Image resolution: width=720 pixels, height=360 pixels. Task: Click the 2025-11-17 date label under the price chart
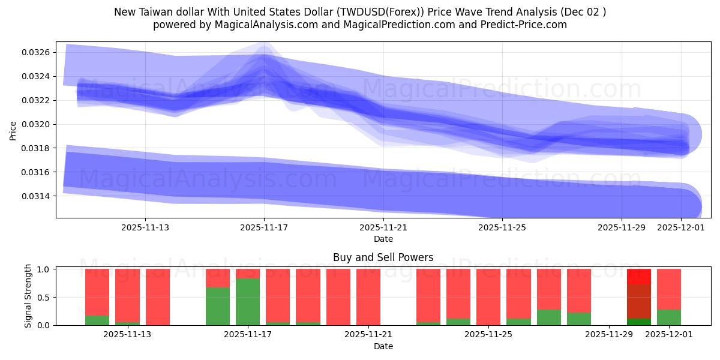coord(264,227)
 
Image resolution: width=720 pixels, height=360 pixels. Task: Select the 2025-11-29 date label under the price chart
coord(622,227)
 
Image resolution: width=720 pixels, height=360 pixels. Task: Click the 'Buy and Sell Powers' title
coord(383,258)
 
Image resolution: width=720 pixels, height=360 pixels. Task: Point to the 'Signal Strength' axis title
coord(28,296)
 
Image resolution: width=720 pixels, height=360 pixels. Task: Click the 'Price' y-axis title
coord(13,130)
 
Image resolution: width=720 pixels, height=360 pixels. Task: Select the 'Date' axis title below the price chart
coord(383,239)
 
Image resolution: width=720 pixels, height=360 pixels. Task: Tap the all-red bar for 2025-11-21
coord(368,297)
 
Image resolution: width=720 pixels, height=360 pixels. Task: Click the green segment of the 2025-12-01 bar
coord(669,317)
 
